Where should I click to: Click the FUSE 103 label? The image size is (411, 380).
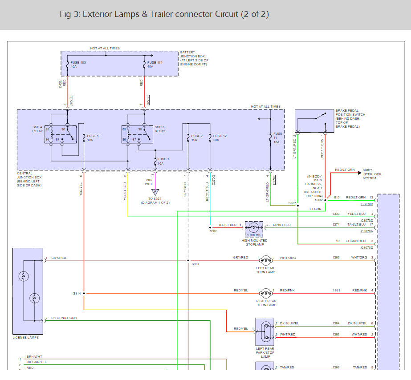coord(77,63)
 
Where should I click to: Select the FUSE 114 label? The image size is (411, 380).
coord(155,63)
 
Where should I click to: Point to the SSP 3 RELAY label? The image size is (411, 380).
coord(160,129)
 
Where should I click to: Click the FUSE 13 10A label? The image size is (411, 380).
coord(94,137)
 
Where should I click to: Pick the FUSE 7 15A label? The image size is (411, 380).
coord(196,137)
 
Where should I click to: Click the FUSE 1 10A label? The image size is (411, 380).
coord(163,161)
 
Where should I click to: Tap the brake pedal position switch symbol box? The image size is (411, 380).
coord(314,121)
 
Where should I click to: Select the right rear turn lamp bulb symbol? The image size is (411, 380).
coord(266,293)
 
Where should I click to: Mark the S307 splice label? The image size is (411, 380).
coord(195,264)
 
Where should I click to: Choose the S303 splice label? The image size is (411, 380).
coord(214,231)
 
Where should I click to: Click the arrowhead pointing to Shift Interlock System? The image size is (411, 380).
coord(359,173)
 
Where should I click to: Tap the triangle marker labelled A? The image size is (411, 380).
coord(155,192)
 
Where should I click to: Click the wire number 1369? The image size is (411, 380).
coord(336,257)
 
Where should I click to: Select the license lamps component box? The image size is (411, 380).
coord(28,291)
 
